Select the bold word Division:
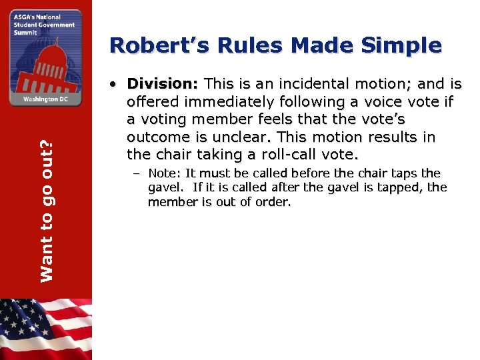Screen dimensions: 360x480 (163, 84)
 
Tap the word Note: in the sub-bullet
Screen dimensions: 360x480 (165, 173)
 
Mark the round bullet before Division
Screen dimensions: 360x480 (115, 85)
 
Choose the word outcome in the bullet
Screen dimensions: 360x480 (157, 137)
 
